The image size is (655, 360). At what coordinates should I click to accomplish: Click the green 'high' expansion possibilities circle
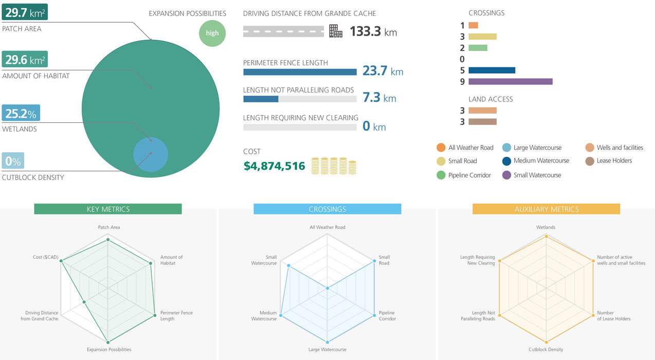click(x=212, y=33)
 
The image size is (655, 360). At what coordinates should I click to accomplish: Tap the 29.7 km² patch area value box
click(x=25, y=12)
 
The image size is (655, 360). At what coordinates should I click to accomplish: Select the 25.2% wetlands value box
click(x=21, y=113)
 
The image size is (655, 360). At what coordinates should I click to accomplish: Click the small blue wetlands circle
click(x=151, y=154)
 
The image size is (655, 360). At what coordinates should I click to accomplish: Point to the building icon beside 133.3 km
click(x=336, y=31)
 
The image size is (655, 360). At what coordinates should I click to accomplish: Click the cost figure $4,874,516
click(x=274, y=166)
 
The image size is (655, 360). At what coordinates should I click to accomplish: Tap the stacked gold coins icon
click(x=334, y=166)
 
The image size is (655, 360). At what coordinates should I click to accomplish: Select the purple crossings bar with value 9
click(x=510, y=81)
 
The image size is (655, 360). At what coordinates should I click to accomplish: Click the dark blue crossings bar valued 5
click(x=492, y=70)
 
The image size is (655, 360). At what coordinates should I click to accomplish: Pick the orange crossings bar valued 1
click(x=473, y=25)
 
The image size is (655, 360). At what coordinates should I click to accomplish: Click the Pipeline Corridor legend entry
click(x=464, y=175)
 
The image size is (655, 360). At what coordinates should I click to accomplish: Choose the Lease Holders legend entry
click(x=610, y=160)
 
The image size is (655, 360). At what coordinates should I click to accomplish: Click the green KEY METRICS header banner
click(x=108, y=209)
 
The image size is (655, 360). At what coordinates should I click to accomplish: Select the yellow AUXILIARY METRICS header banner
click(x=546, y=209)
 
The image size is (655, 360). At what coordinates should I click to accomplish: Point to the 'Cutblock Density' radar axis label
click(x=546, y=350)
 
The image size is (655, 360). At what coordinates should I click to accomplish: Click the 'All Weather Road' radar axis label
click(x=327, y=227)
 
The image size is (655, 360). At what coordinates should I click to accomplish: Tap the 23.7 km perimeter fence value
click(x=383, y=70)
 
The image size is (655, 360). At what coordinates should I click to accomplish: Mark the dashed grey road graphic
click(x=283, y=31)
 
